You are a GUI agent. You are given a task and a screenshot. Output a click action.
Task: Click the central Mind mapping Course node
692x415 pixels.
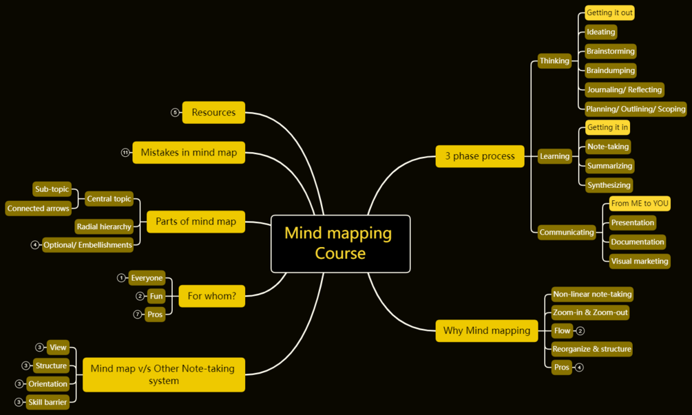[340, 244]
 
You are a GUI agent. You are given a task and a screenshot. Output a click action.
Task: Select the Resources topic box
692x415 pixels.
[213, 112]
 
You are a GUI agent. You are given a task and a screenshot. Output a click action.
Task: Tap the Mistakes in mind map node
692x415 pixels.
[189, 152]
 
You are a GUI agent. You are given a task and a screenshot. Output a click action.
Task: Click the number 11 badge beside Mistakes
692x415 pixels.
[125, 153]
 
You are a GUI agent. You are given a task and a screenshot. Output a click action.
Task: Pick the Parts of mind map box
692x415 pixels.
[196, 222]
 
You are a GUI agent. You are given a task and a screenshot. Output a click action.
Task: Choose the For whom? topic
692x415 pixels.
[211, 297]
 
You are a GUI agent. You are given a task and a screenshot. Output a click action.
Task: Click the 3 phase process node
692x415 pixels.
[480, 156]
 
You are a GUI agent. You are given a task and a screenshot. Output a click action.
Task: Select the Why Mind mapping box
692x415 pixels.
[486, 331]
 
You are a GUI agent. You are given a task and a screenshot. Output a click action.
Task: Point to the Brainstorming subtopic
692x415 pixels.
[611, 52]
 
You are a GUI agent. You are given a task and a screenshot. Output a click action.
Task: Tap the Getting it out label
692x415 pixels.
[609, 12]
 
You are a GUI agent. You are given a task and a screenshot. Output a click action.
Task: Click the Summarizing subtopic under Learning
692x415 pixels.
[609, 166]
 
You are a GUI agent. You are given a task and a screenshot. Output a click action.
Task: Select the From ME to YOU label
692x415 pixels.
[640, 204]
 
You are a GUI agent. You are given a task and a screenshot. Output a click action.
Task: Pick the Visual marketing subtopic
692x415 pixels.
[640, 262]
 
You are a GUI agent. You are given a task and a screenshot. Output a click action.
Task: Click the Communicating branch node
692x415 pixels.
[567, 233]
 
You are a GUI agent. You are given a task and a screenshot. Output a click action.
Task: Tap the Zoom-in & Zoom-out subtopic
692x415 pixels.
[590, 312]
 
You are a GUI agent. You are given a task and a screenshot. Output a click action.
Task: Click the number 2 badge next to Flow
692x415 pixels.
[580, 331]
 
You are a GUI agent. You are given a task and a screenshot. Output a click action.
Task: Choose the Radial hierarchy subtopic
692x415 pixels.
[104, 227]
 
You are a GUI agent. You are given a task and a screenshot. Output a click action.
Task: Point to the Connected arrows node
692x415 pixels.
[38, 209]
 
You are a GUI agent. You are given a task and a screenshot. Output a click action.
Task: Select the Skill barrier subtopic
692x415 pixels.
[48, 403]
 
